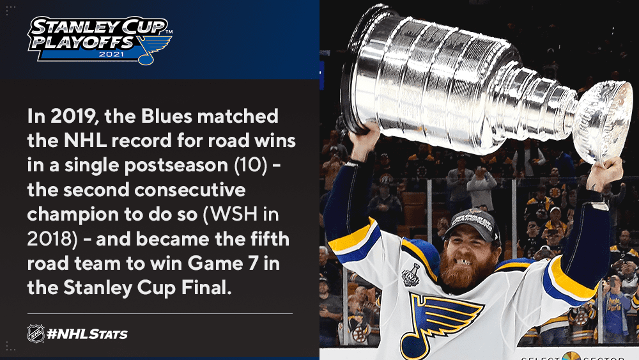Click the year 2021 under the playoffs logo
click(111, 54)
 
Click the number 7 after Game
click(253, 263)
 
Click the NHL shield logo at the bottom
click(36, 334)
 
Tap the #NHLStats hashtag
click(87, 334)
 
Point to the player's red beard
click(463, 269)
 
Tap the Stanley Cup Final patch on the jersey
click(411, 274)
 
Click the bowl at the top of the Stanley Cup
click(603, 120)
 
